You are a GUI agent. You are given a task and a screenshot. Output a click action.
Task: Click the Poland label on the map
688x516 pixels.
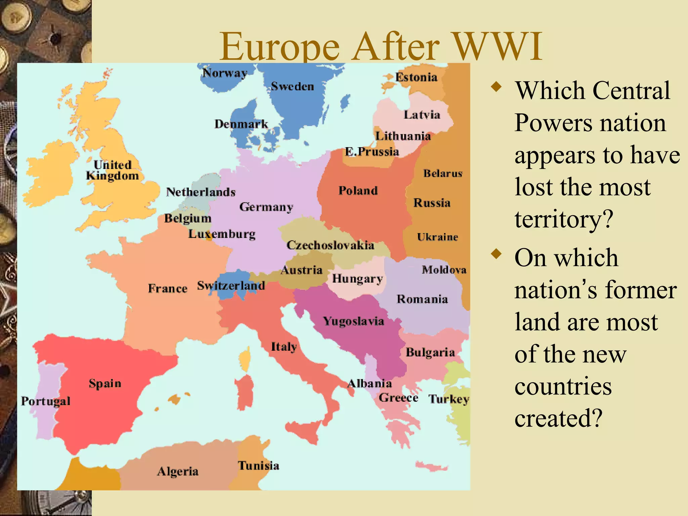coord(358,190)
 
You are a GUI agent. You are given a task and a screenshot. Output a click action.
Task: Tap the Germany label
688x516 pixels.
coord(266,207)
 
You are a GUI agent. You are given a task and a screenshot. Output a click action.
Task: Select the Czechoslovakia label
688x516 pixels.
coord(330,245)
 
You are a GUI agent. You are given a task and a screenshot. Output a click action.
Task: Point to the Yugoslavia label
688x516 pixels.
coord(353,321)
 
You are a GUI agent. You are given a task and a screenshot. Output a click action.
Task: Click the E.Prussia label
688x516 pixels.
coord(372,152)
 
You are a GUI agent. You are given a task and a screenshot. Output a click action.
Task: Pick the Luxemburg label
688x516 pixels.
coord(222,234)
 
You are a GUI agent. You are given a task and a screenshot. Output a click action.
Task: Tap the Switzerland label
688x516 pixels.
coord(231,286)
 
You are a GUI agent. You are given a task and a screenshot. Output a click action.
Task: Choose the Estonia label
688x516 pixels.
coord(416,77)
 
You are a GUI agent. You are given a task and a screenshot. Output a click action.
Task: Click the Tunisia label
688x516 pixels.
coord(259,466)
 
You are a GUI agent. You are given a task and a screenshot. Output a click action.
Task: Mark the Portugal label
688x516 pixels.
coord(46,401)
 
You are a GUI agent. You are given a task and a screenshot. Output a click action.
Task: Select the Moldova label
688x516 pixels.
coord(444,269)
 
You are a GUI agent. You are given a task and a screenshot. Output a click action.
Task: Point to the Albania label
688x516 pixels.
coord(370,383)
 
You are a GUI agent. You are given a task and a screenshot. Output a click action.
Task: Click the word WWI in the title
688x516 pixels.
coord(498,46)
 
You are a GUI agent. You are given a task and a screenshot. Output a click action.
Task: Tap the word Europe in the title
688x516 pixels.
coord(280,47)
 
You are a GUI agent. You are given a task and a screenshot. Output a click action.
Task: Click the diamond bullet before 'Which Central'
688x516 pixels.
coord(496,87)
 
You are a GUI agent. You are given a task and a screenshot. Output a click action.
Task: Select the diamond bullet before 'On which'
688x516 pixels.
coord(496,254)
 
